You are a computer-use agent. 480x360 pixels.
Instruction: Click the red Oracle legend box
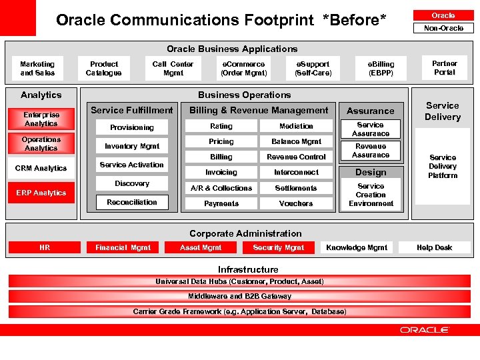[443, 15]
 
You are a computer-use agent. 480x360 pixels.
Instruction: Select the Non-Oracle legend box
[443, 28]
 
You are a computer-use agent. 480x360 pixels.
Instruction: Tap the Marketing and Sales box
[37, 69]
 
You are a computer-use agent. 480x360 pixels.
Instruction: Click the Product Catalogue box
[103, 69]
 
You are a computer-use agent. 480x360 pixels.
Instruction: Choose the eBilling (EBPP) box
[381, 69]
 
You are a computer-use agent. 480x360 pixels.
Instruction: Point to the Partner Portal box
[444, 68]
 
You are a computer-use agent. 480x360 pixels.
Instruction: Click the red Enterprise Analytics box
[41, 119]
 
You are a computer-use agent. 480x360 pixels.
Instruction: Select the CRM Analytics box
[41, 168]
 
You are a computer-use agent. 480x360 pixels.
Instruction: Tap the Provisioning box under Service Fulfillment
[131, 127]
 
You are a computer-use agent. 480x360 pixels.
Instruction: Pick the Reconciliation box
[131, 202]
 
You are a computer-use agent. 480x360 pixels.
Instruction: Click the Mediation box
[296, 126]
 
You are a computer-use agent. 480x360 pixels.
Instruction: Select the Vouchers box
[296, 203]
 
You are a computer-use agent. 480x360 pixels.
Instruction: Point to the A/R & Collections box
[221, 188]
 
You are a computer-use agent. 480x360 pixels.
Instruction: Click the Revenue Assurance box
[371, 151]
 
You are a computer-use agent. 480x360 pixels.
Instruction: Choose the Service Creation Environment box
[371, 195]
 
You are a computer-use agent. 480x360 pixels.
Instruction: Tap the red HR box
[44, 247]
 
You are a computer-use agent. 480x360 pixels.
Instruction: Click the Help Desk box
[434, 247]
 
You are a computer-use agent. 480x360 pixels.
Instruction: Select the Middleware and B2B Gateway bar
[239, 296]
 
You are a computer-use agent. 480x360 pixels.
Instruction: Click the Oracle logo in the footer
[425, 330]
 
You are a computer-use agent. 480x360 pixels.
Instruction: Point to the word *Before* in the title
[354, 20]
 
